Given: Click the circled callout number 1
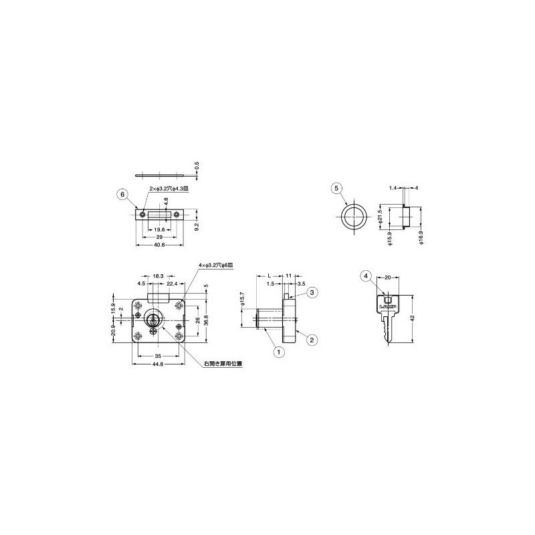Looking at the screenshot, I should pyautogui.click(x=276, y=349).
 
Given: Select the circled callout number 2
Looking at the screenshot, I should pyautogui.click(x=312, y=340).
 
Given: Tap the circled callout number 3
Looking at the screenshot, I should pyautogui.click(x=312, y=292).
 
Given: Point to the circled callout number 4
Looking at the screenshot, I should pyautogui.click(x=365, y=276).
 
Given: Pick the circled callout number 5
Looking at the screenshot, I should pyautogui.click(x=337, y=189).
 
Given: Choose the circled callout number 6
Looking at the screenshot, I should pyautogui.click(x=121, y=195).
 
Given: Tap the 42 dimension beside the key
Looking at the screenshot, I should pyautogui.click(x=415, y=318).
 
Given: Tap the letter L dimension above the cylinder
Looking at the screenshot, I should pyautogui.click(x=268, y=276).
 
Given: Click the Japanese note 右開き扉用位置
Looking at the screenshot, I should pyautogui.click(x=223, y=364).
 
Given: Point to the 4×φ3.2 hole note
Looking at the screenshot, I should pyautogui.click(x=216, y=265).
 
